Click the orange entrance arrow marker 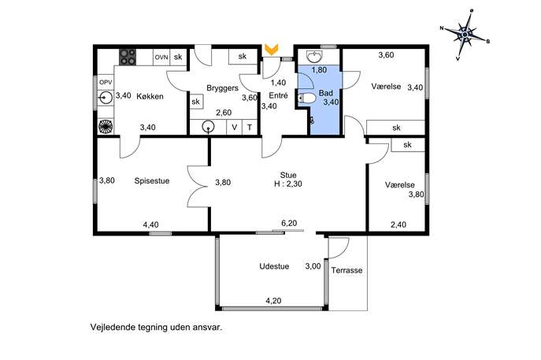tap(272, 50)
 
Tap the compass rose tap(465, 35)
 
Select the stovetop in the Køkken tap(128, 57)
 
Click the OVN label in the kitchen tap(161, 58)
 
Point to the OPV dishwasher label tap(106, 83)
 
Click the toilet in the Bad tap(306, 98)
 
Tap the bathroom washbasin tap(315, 56)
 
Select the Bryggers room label tap(222, 88)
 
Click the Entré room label tap(278, 95)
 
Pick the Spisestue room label tap(152, 181)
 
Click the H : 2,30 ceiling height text tap(288, 184)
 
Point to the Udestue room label tap(274, 266)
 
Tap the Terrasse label tap(346, 270)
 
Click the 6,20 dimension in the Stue tap(289, 223)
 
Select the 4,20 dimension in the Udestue tap(273, 301)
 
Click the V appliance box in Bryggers tap(235, 128)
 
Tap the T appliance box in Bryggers tap(250, 128)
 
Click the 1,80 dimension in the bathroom tap(319, 70)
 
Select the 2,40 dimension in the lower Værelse tap(398, 225)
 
